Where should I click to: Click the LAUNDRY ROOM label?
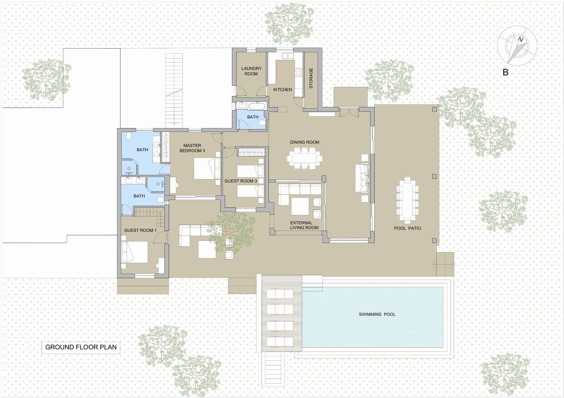pos(251,71)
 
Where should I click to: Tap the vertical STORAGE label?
pos(311,78)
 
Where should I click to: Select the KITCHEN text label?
pos(283,90)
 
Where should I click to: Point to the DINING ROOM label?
pos(305,142)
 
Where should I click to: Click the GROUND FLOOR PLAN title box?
pos(81,347)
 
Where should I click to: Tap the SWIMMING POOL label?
pos(377,314)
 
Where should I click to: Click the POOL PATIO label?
pos(407,228)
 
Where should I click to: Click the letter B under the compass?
pos(506,72)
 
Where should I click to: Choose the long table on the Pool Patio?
pos(407,200)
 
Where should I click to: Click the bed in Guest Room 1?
pos(135,252)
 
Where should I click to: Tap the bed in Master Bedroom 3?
pos(207,168)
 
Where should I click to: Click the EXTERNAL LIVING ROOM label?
pos(304,225)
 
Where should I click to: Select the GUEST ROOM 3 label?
pos(241,181)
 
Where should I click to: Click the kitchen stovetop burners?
pos(299,72)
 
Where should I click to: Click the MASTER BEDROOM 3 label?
pos(192,148)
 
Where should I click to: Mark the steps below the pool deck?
pos(274,369)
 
